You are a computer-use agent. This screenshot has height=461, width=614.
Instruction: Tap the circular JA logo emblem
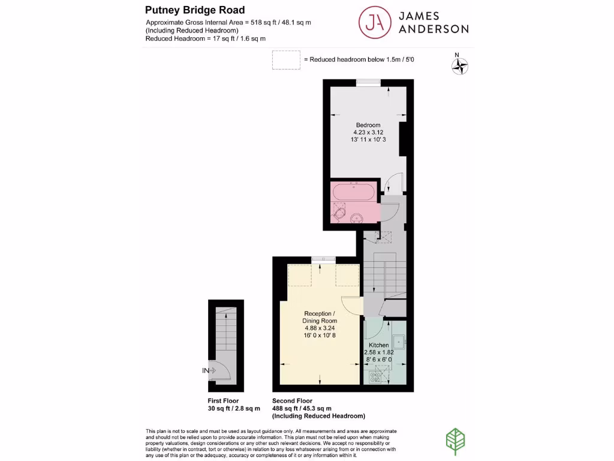[x=375, y=22]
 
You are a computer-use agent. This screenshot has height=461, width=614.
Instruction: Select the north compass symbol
[x=459, y=65]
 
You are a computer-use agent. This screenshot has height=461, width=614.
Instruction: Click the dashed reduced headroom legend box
[x=286, y=60]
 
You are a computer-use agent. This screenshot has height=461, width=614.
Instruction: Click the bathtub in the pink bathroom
[x=354, y=193]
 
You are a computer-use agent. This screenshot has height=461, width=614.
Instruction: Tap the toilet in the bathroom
[x=339, y=212]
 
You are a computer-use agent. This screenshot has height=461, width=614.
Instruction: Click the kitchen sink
[x=398, y=342]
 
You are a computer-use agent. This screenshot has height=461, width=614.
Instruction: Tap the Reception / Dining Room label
[x=320, y=318]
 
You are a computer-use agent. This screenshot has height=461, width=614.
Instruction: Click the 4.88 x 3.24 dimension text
[x=320, y=328]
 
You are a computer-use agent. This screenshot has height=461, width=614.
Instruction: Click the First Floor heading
[x=223, y=401]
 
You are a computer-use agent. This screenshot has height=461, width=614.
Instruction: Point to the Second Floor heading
[x=292, y=401]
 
